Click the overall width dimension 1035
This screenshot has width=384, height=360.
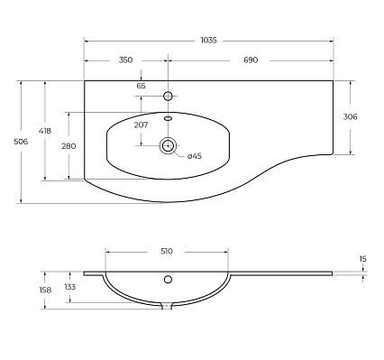click(x=208, y=41)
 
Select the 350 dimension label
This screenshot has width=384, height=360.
click(x=125, y=60)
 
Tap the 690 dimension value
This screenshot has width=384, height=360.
click(x=251, y=60)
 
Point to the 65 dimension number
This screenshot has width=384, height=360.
click(x=141, y=86)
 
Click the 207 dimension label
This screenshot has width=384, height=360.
click(x=141, y=125)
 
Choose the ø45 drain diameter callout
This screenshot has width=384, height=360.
click(x=195, y=156)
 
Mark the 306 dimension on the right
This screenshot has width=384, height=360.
click(x=351, y=116)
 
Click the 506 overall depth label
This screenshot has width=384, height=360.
click(x=21, y=142)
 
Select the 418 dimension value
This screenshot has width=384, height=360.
click(x=45, y=131)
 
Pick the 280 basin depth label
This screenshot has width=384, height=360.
click(x=69, y=146)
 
